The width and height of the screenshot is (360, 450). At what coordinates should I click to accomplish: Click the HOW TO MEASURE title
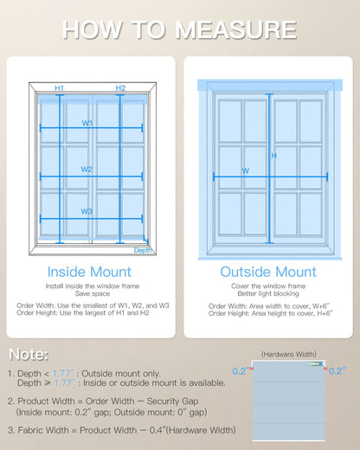[180, 29]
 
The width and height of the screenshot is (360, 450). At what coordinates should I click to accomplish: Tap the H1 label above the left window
[59, 88]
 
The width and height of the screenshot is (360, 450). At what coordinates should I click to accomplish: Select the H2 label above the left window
[120, 88]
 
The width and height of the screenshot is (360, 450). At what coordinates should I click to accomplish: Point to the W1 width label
[87, 123]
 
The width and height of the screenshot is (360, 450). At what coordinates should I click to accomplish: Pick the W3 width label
[87, 211]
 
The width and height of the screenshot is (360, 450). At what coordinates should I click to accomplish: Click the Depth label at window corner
[143, 250]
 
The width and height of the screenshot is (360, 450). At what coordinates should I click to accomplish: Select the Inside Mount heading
[90, 272]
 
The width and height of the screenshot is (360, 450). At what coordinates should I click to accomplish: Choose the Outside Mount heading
[269, 272]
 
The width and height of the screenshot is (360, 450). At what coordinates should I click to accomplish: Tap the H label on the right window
[274, 156]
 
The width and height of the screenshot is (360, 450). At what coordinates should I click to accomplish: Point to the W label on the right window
[246, 171]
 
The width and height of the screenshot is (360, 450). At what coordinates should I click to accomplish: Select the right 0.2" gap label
[337, 370]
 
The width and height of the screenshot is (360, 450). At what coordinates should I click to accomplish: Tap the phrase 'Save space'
[90, 294]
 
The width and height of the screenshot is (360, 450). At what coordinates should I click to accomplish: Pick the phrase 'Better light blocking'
[269, 294]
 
